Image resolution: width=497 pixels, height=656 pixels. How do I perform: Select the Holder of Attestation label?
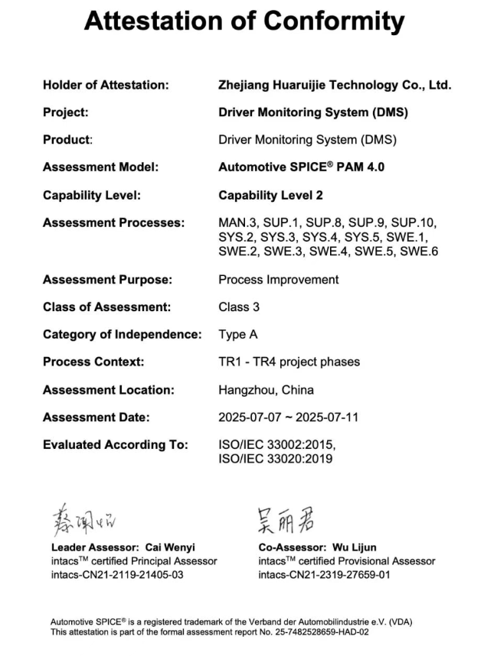click(105, 85)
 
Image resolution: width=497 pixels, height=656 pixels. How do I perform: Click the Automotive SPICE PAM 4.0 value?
click(301, 167)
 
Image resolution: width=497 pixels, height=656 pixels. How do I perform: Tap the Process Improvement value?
click(278, 279)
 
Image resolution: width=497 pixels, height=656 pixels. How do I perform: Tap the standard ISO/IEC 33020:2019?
click(276, 459)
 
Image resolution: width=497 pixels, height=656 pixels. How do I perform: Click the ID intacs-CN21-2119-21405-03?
click(117, 574)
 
